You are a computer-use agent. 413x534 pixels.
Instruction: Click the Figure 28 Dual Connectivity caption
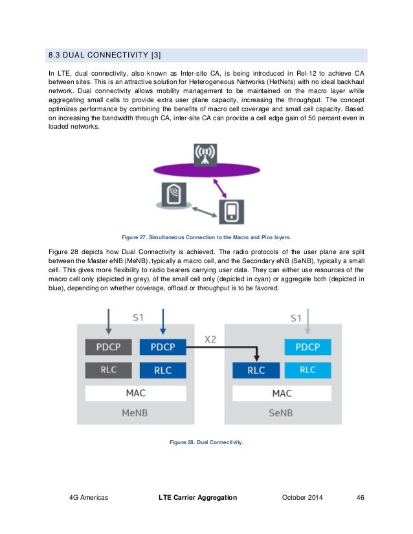(206, 442)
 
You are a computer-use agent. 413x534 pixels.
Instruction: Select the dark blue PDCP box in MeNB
(162, 347)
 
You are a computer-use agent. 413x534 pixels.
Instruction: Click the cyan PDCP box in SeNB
(307, 347)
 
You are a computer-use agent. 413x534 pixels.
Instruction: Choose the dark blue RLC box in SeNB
(256, 370)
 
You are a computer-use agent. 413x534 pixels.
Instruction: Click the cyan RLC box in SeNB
(307, 370)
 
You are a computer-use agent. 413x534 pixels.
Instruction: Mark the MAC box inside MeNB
(135, 393)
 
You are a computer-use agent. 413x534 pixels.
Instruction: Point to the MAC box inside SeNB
(282, 393)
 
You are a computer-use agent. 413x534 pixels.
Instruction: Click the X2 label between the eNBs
(210, 339)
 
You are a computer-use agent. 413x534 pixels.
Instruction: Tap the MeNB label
(135, 412)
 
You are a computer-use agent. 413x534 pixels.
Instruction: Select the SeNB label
(282, 412)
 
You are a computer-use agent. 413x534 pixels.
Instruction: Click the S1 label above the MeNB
(138, 318)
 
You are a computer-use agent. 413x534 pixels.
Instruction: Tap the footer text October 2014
(302, 497)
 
